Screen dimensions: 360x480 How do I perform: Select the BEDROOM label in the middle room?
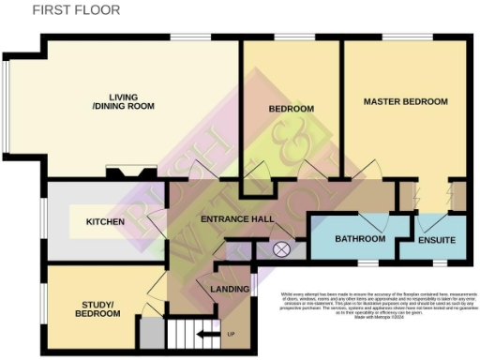pos(291,109)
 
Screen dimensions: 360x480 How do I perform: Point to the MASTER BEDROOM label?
pos(405,101)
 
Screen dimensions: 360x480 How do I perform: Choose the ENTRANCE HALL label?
pos(237,219)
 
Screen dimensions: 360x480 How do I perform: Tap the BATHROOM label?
pos(360,239)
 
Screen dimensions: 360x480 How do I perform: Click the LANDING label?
pos(229,288)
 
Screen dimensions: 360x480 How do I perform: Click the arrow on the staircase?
pos(208,333)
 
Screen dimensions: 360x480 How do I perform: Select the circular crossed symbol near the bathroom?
pos(280,249)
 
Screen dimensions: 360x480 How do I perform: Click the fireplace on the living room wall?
pos(130,172)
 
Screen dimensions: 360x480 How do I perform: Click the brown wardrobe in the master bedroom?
pos(458,196)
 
